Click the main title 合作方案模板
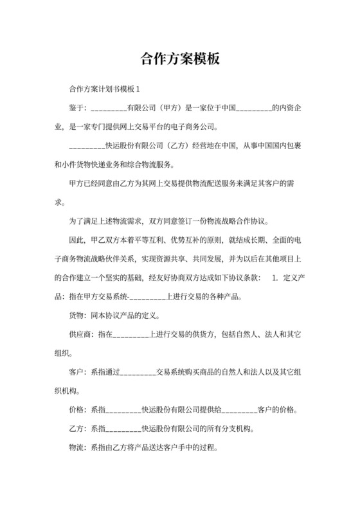[180, 60]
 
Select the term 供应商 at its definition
[80, 335]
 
